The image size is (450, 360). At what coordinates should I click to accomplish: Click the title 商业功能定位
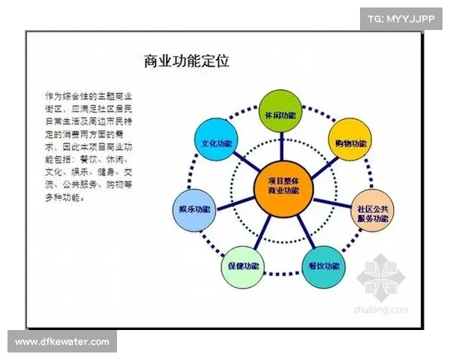tap(185, 60)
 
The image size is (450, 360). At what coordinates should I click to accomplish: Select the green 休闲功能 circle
tap(279, 115)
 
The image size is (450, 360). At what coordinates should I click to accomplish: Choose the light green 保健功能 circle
tap(241, 265)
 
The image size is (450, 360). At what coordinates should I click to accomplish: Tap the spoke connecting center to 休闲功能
tap(279, 147)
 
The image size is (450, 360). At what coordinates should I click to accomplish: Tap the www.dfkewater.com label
tap(62, 341)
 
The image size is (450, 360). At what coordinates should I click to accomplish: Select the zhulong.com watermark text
tap(386, 308)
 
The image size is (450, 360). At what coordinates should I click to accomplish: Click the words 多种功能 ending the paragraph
tap(64, 199)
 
